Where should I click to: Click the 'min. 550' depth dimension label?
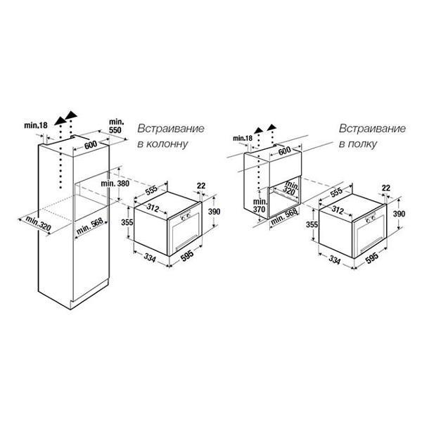click(x=115, y=126)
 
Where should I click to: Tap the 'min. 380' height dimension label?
click(x=115, y=184)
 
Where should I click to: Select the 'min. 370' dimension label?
click(x=260, y=205)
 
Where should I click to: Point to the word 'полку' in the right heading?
click(x=362, y=144)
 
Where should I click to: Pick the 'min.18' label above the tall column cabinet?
click(x=36, y=125)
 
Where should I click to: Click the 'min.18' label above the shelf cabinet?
click(x=243, y=139)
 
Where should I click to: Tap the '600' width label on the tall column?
click(x=91, y=146)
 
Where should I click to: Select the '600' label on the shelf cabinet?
click(x=284, y=151)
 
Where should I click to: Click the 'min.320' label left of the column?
click(x=38, y=224)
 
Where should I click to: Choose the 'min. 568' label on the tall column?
click(x=89, y=226)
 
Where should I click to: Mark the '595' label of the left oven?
click(x=187, y=256)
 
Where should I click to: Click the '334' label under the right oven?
click(x=334, y=260)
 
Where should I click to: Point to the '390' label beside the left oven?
click(x=215, y=212)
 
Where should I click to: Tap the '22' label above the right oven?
click(x=386, y=188)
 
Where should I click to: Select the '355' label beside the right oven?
click(x=312, y=224)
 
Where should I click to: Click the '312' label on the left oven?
click(x=153, y=207)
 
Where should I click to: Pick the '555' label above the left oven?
click(x=151, y=191)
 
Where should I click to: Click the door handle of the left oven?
click(x=186, y=243)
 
